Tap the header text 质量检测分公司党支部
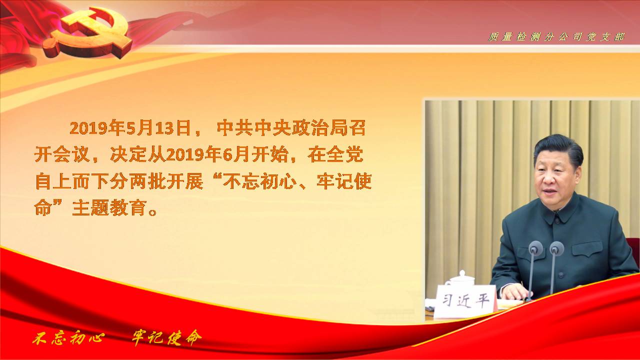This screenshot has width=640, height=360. coord(556,37)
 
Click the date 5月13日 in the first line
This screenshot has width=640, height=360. coord(158,128)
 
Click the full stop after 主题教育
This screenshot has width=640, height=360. coord(153,212)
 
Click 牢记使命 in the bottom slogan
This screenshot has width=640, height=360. coord(166,338)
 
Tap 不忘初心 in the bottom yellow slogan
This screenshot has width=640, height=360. coord(68,338)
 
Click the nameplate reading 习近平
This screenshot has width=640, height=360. coord(465,301)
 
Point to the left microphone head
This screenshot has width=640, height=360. coord(535,248)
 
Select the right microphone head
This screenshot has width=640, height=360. coord(556,248)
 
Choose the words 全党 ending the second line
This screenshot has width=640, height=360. coord(345,154)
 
